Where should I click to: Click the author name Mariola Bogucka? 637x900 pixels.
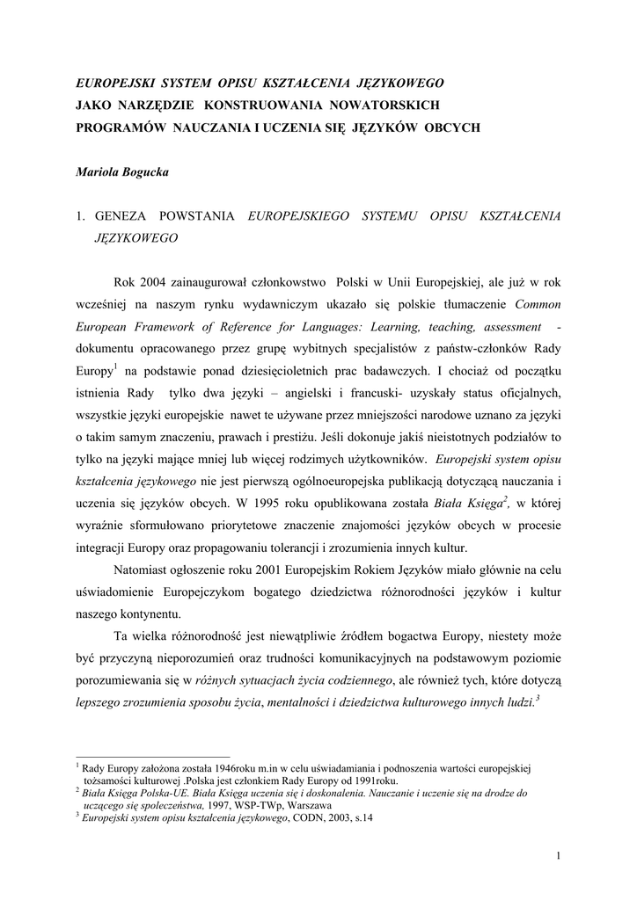coord(122,173)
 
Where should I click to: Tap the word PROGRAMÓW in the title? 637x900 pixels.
coord(121,127)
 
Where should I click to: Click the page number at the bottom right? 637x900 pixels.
coord(560,855)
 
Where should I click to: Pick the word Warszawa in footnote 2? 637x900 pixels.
coord(308,805)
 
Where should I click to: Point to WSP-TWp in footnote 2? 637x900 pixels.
coord(260,805)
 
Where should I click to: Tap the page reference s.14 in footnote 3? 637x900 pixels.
coord(362,818)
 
